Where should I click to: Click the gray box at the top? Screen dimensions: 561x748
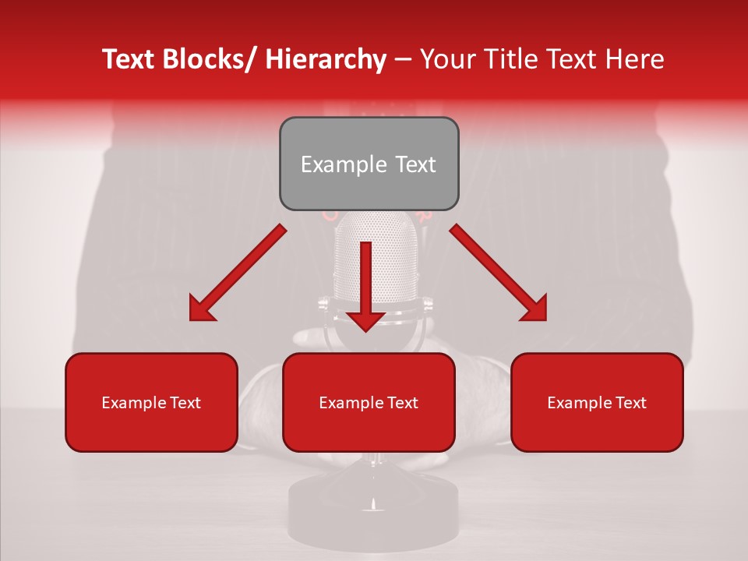[369, 164]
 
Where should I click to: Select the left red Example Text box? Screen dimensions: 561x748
[151, 402]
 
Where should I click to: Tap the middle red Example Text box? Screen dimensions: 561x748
[369, 402]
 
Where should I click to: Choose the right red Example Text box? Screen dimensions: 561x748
[597, 402]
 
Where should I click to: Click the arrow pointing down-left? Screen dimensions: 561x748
[238, 273]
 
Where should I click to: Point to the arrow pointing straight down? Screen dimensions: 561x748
[365, 284]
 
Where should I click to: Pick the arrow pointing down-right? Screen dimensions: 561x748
[499, 273]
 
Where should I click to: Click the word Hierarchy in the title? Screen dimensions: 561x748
[325, 59]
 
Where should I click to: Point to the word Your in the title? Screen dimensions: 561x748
[445, 59]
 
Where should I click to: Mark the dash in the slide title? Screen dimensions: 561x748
[402, 59]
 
